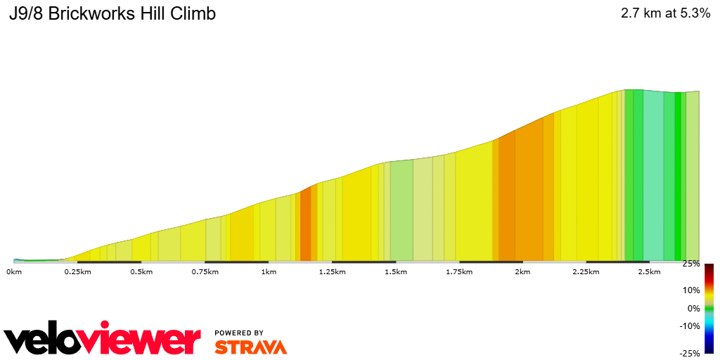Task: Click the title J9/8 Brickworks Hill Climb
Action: (112, 14)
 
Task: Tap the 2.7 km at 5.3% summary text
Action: (665, 13)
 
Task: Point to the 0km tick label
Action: (14, 271)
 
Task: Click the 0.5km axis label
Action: (141, 271)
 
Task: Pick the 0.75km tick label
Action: (205, 271)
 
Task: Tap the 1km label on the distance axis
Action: (268, 271)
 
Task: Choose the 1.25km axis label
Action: (331, 271)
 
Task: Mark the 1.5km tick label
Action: (395, 271)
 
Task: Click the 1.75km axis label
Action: (458, 271)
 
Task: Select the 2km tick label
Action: (522, 271)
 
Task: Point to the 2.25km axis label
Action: (585, 271)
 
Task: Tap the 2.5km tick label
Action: (649, 271)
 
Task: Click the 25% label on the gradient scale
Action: (691, 264)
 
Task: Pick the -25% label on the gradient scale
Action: (690, 353)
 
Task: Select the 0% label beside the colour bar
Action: (693, 308)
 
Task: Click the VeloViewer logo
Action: (103, 340)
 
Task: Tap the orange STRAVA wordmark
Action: (250, 347)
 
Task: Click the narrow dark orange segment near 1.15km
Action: (305, 225)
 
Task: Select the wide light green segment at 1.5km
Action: (401, 211)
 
